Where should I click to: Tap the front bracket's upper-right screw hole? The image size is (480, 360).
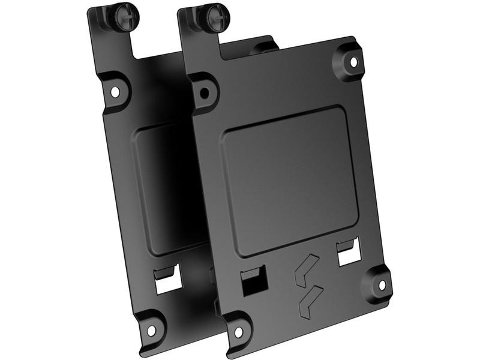[x=353, y=61]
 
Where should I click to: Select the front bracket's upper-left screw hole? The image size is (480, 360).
[x=205, y=92]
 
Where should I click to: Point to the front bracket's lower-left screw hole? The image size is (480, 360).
[x=238, y=331]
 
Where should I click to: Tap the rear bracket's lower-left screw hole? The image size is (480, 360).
[x=151, y=329]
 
